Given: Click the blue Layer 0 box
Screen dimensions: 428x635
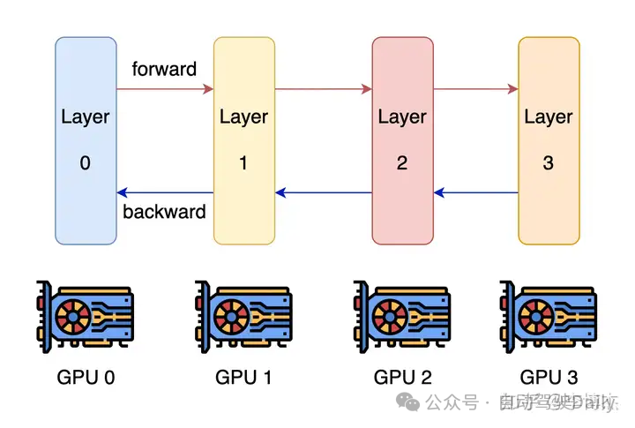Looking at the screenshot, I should tap(86, 140).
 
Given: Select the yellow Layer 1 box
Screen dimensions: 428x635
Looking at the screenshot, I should tap(243, 140).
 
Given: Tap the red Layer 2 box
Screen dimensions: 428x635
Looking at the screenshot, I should tap(402, 140).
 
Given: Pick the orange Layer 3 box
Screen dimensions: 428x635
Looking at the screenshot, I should tap(549, 140).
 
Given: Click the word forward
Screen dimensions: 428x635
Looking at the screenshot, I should tap(164, 69).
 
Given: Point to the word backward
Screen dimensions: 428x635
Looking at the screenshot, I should tap(164, 212).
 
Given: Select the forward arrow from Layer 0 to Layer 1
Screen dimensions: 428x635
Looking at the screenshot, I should tap(165, 88).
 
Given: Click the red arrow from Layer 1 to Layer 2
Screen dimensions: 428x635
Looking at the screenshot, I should tap(323, 88).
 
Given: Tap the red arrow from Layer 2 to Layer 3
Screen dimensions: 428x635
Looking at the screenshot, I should tap(475, 88).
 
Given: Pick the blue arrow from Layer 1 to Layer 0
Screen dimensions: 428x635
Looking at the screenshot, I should tap(165, 192).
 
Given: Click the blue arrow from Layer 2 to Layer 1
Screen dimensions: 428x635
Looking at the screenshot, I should tap(323, 192).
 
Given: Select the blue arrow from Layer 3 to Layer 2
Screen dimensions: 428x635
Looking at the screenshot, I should tap(475, 192).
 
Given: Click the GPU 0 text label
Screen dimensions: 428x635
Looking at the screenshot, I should tap(86, 378).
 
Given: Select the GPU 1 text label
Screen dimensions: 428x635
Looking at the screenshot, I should tap(244, 378).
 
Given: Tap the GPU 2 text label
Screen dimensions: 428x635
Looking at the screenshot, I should tap(403, 378).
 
